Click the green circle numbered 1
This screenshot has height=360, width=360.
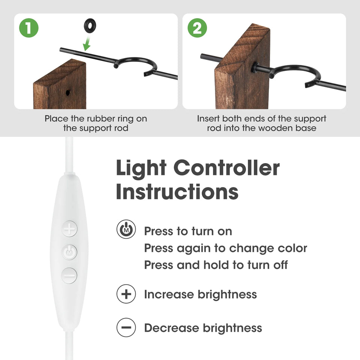tap(29, 28)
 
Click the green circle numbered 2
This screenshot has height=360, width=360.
tap(197, 28)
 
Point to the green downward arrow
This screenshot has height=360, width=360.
tap(87, 43)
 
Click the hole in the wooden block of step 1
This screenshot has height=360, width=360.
tap(68, 93)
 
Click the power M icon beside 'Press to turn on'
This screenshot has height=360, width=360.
tap(126, 229)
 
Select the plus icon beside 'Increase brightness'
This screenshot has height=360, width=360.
tap(126, 294)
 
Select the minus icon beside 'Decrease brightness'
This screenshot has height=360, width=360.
tap(126, 327)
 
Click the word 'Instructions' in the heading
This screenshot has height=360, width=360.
tap(177, 192)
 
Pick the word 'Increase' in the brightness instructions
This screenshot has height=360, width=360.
tap(169, 294)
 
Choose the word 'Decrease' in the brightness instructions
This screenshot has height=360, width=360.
tap(171, 328)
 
